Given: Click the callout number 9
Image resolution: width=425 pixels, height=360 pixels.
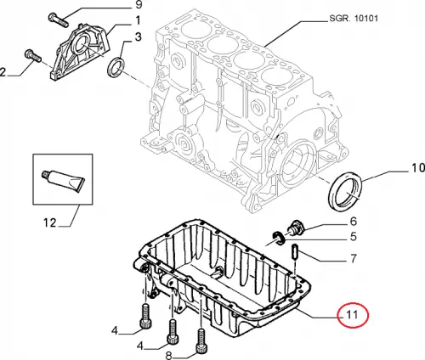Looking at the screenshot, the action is [139, 4].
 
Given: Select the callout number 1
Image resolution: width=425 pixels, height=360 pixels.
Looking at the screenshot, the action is [138, 20].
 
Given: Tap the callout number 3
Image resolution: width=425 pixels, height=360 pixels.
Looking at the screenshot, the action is [138, 37].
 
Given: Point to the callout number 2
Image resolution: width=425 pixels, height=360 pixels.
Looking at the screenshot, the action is [3, 72].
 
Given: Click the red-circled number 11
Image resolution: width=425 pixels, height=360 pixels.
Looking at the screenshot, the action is [352, 314].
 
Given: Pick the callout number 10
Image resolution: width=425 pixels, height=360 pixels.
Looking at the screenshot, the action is [417, 168].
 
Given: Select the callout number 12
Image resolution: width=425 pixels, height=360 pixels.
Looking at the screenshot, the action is [50, 222].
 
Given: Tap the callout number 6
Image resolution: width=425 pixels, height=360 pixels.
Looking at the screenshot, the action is [353, 222].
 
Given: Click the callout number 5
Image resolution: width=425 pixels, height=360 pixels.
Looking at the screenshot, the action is [353, 236].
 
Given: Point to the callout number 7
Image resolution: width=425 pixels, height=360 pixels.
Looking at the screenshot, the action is [354, 258].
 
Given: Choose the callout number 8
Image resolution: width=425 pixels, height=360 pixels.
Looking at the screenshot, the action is [168, 355].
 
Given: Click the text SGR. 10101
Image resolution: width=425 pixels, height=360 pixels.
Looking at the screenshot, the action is [354, 19].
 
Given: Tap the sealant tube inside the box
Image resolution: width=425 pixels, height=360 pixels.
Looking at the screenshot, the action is [63, 181].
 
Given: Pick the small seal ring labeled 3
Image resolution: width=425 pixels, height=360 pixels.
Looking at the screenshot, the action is [116, 67].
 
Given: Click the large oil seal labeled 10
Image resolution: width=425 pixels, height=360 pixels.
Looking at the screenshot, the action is [345, 191].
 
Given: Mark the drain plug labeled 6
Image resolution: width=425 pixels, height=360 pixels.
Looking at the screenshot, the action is [296, 228].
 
